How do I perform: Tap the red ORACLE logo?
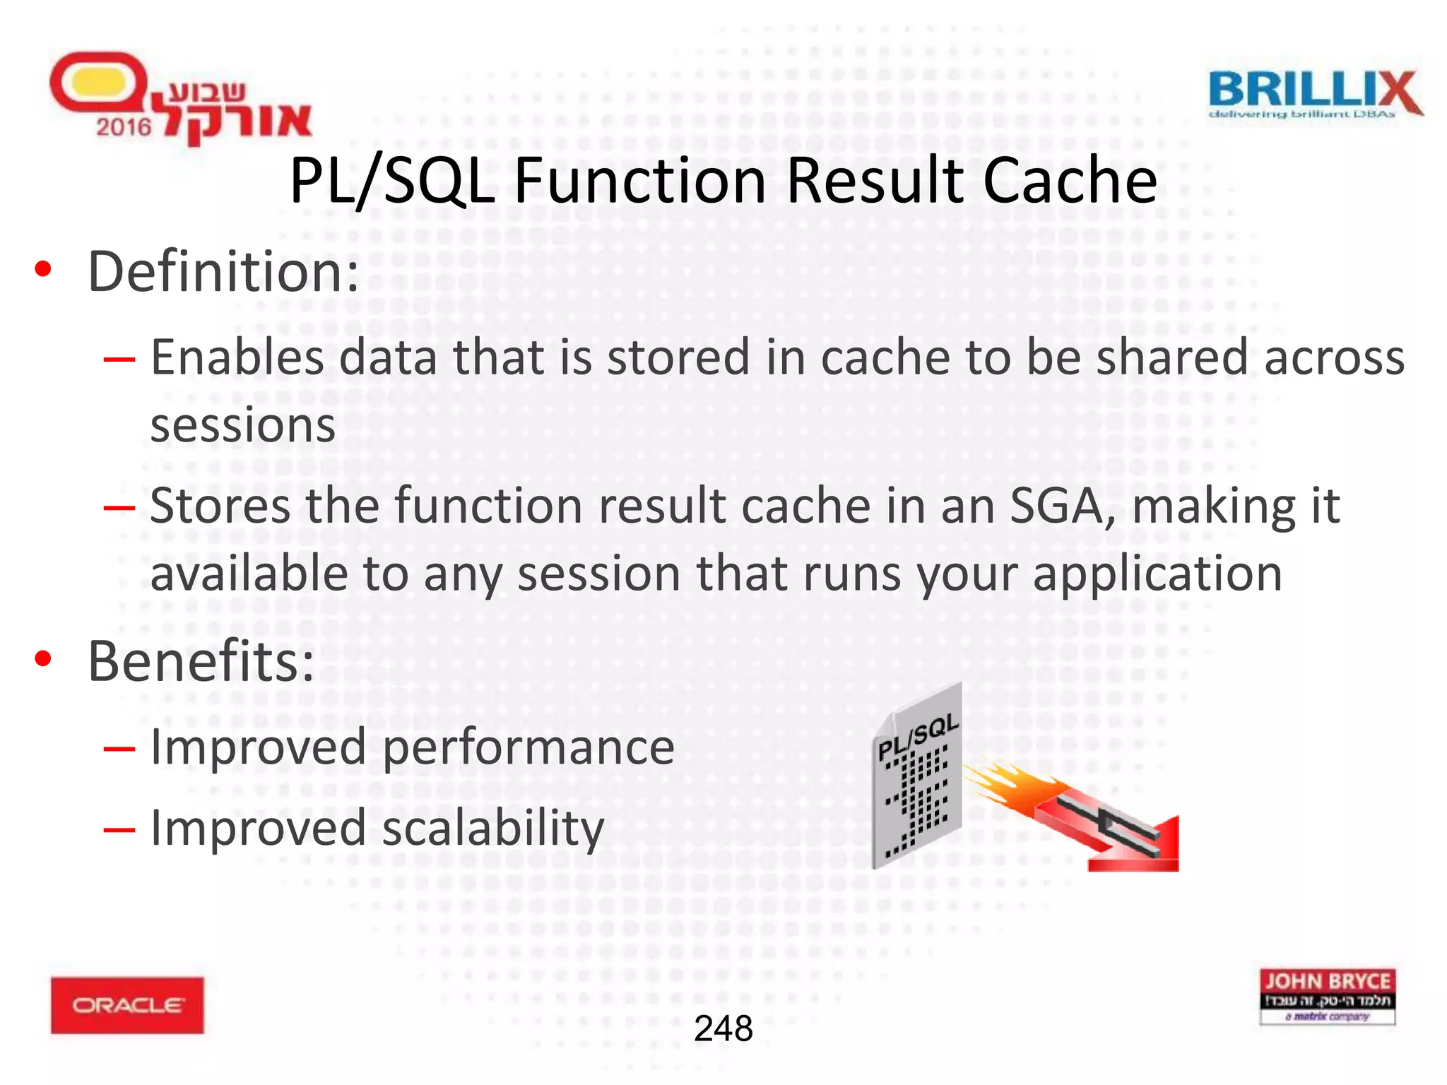coord(127,1004)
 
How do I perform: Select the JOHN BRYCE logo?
coord(1327,996)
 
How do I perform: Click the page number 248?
coord(723,1028)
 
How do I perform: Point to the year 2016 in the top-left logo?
coord(124,127)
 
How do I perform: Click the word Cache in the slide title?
coord(1070,181)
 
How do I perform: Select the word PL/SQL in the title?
coord(392,181)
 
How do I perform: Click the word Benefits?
coord(201,662)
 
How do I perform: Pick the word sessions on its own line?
coord(243,425)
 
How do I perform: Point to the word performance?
coord(528,747)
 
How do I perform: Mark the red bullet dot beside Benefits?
coord(44,658)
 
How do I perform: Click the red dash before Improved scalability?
coord(119,829)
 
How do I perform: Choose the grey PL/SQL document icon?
coord(917,777)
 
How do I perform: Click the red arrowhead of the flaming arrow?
coord(1145,848)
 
